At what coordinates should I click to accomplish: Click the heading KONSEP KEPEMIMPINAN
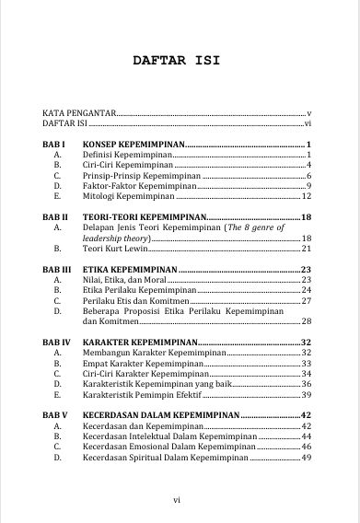134,145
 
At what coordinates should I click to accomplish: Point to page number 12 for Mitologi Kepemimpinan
308,196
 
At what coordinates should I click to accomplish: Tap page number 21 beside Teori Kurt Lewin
308,248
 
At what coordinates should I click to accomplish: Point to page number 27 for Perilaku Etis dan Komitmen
308,301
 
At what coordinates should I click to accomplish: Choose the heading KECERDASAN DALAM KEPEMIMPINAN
160,415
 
